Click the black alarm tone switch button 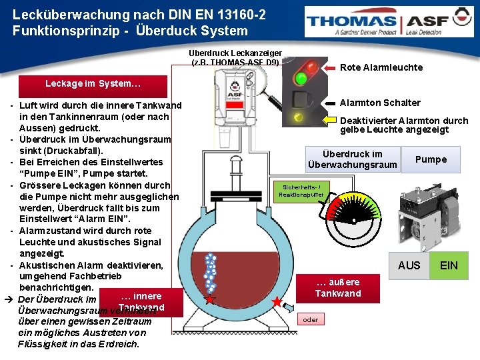(x=300, y=103)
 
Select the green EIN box (x=449, y=265)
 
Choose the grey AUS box (x=409, y=265)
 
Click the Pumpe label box (x=431, y=159)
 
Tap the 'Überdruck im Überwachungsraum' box (x=352, y=159)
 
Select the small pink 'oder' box (x=311, y=319)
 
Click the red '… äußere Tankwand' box (x=337, y=288)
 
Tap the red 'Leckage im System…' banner (x=93, y=85)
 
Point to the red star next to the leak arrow (x=277, y=301)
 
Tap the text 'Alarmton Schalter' (x=380, y=103)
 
